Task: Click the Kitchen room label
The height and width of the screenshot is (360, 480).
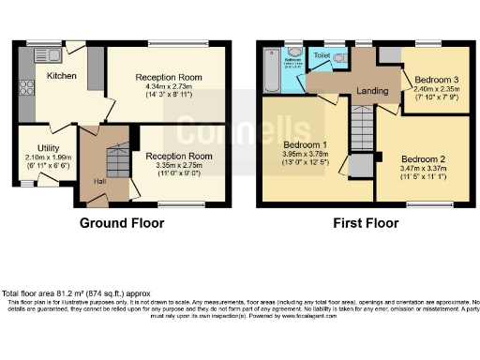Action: [61, 76]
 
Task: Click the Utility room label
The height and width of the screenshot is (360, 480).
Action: [49, 149]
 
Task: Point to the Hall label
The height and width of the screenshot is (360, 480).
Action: [100, 181]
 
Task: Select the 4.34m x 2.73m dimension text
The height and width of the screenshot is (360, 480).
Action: [167, 86]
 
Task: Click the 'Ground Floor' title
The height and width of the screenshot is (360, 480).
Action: [122, 223]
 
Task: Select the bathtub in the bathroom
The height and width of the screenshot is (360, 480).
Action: [270, 71]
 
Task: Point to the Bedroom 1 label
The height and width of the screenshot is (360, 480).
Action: [306, 144]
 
